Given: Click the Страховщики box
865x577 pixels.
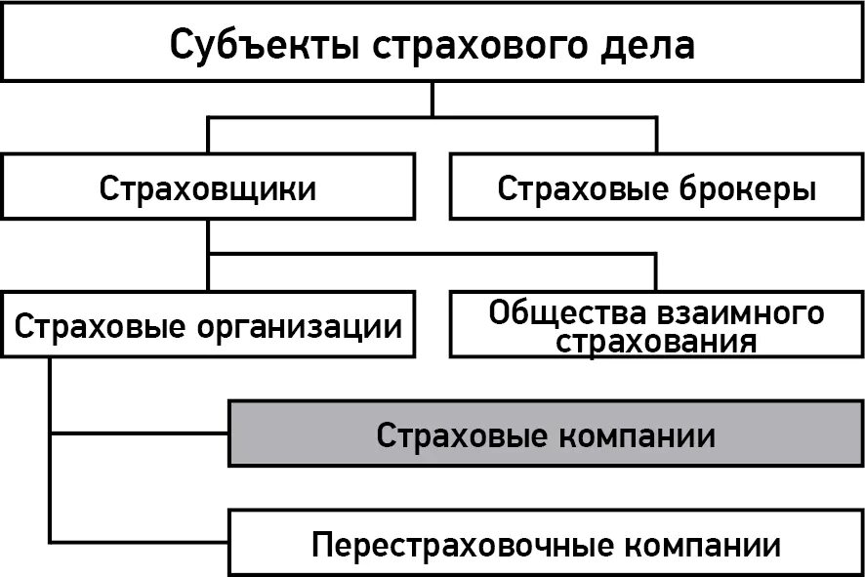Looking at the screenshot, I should pos(207,188).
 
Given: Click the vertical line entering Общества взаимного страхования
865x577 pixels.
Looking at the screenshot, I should pos(656,272).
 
